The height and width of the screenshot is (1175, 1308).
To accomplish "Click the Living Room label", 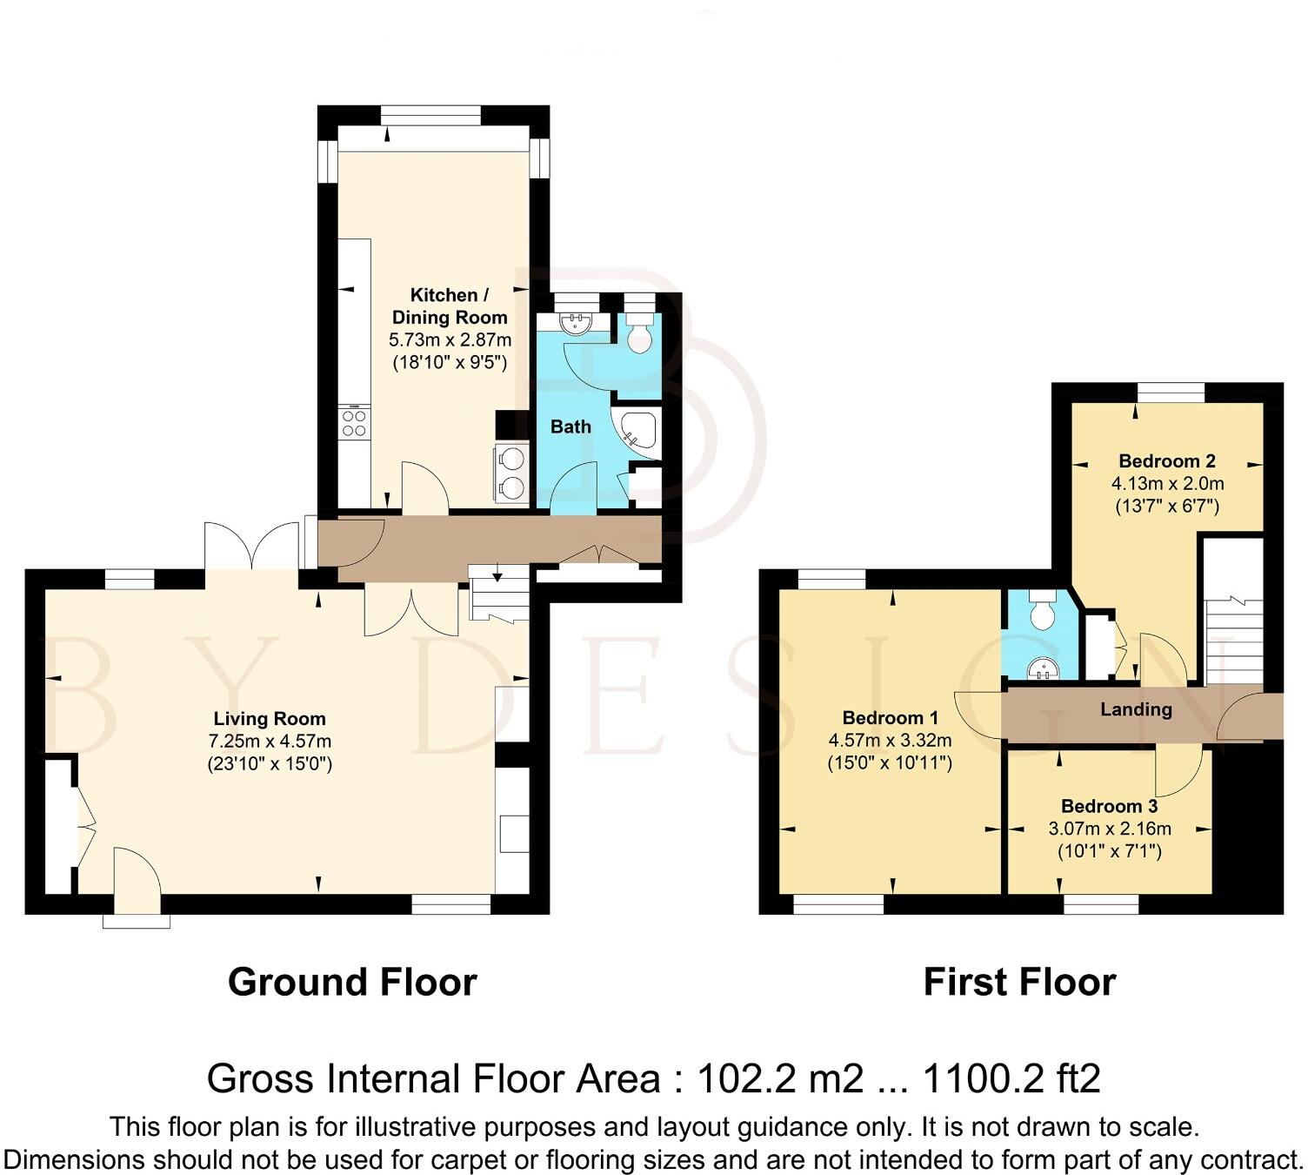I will tap(270, 719).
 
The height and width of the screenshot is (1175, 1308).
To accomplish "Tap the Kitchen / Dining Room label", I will tap(449, 306).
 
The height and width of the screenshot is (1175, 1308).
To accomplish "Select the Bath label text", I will tap(571, 426).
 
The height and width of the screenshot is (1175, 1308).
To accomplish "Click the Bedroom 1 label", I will tap(890, 718).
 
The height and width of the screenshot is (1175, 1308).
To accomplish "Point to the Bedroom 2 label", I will tap(1166, 461).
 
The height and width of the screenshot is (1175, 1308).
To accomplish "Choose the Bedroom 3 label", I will tap(1109, 806).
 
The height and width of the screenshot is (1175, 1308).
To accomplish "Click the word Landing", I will tap(1136, 709).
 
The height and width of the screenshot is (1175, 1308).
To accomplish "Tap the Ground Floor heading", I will tap(352, 982).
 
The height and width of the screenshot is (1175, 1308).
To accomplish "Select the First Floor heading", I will tap(1019, 982).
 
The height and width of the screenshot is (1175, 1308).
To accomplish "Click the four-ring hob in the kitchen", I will tap(354, 423).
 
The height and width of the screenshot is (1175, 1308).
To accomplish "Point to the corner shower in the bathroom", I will tap(637, 432).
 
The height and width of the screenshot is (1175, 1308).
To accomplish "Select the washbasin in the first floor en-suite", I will tap(1041, 668).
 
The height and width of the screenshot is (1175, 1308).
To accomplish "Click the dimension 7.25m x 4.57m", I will tap(270, 742).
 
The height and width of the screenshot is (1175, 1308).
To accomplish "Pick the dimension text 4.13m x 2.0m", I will tap(1167, 484).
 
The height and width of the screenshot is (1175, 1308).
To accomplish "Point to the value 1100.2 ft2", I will tap(1011, 1079).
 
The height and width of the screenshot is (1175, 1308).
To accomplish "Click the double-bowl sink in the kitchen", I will tap(513, 473).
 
